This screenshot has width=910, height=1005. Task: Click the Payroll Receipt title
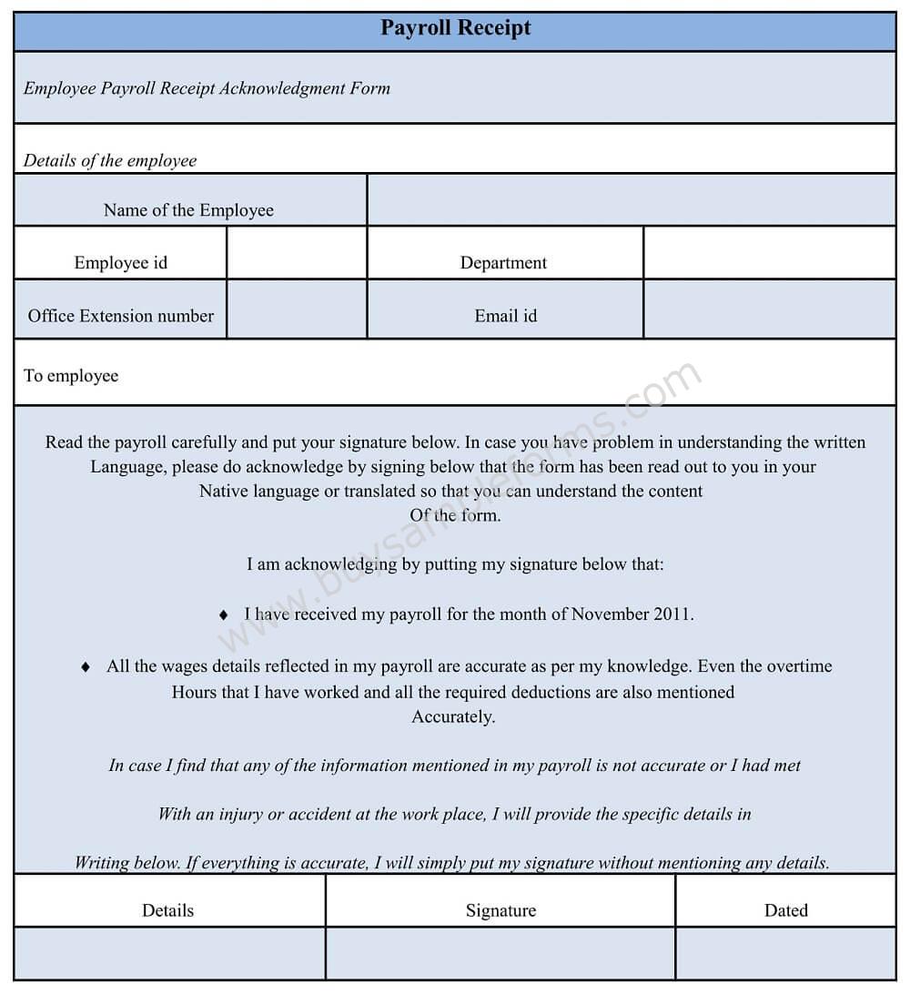pos(455,28)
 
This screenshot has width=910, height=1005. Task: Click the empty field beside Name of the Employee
pos(632,200)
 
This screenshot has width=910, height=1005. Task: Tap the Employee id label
pos(121,263)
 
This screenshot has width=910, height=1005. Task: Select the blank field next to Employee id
pos(297,253)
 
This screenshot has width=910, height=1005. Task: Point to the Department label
pos(503,263)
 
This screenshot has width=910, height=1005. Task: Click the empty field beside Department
pos(770,253)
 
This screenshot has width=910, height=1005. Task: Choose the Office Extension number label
pos(121,316)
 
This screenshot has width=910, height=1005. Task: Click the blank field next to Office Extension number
pos(297,310)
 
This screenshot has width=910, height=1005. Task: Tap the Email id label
pos(505,316)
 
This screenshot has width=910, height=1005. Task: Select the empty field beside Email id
pos(770,310)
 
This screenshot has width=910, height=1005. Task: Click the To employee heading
pos(71,376)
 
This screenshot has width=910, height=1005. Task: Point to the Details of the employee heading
pos(110,161)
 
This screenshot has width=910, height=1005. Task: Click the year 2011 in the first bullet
pos(672,614)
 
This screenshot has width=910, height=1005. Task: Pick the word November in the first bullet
pos(610,614)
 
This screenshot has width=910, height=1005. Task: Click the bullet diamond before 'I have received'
pos(224,615)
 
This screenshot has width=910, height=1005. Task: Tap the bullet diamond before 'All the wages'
pos(86,667)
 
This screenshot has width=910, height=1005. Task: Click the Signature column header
pos(500,910)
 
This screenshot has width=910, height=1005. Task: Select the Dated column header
pos(786,910)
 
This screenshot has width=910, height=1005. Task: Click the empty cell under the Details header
pos(169,953)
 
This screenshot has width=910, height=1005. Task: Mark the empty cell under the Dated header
pos(786,953)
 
